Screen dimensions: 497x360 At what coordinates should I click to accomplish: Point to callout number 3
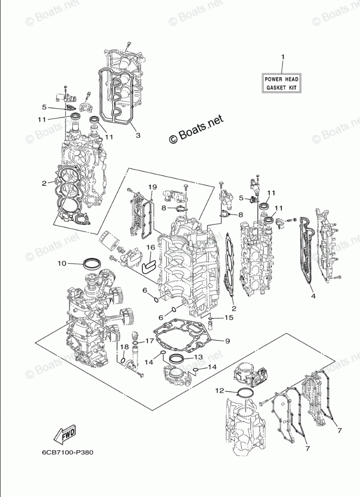point(137,135)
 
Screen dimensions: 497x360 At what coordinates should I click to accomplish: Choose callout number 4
point(313,296)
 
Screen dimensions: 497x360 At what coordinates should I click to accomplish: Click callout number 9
point(228,342)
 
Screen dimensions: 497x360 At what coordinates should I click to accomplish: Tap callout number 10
point(62,263)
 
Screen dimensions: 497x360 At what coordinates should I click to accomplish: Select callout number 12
point(220,390)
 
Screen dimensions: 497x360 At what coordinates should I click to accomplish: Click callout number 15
point(228,318)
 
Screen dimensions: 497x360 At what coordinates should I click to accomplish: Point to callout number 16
point(151,247)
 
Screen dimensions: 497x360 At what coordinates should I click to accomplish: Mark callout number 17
point(149,341)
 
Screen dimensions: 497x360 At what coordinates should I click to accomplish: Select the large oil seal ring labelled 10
point(92,263)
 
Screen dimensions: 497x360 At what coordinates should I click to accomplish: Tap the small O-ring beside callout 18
point(122,360)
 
